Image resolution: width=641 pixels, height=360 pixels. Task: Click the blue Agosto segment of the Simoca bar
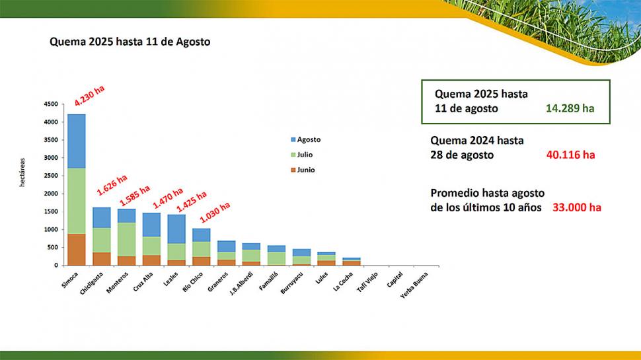pyautogui.click(x=76, y=141)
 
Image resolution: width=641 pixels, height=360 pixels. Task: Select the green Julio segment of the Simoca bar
pyautogui.click(x=76, y=201)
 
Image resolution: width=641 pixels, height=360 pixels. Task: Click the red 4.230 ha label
pyautogui.click(x=90, y=96)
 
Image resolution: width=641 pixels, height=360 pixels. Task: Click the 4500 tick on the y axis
pyautogui.click(x=51, y=104)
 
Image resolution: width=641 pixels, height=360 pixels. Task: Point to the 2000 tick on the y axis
pyautogui.click(x=51, y=194)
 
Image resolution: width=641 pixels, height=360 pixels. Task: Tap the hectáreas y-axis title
pyautogui.click(x=22, y=172)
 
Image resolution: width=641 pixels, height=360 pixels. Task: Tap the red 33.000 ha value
pyautogui.click(x=577, y=207)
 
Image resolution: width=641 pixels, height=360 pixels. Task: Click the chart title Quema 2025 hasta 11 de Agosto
pyautogui.click(x=130, y=42)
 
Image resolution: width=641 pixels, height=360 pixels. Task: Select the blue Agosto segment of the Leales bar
pyautogui.click(x=176, y=229)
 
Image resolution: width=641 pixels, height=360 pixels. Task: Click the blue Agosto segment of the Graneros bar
pyautogui.click(x=226, y=246)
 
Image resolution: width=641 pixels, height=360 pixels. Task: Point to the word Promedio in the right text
pyautogui.click(x=455, y=193)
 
